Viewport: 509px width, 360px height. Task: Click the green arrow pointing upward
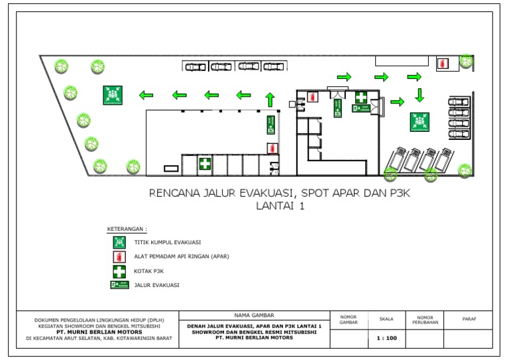270,99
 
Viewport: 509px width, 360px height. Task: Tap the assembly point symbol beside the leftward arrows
112,95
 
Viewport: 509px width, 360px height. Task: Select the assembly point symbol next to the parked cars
419,122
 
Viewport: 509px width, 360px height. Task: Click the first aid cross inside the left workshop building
205,163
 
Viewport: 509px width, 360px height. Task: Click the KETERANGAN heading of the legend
127,229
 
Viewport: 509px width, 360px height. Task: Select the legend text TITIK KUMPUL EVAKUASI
168,243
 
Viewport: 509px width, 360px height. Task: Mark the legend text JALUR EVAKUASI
157,285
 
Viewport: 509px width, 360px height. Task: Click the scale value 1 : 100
386,337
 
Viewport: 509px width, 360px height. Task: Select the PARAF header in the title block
469,319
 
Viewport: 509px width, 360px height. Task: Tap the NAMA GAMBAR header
254,315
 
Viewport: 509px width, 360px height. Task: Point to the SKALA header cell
386,319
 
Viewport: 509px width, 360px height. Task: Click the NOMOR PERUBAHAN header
424,319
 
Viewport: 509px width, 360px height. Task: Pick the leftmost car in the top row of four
195,66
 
